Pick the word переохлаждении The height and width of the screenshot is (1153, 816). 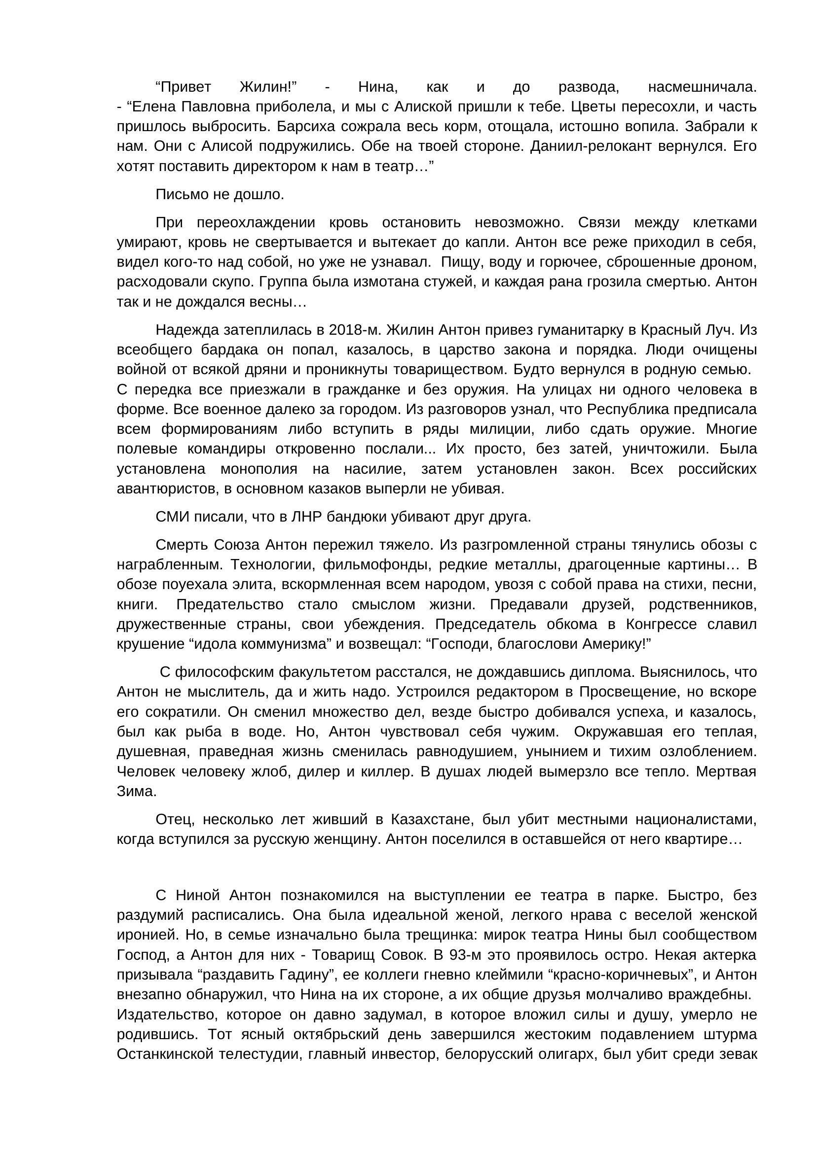tap(255, 222)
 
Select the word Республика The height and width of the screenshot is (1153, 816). tap(628, 409)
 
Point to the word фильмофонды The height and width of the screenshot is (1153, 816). tap(377, 565)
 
